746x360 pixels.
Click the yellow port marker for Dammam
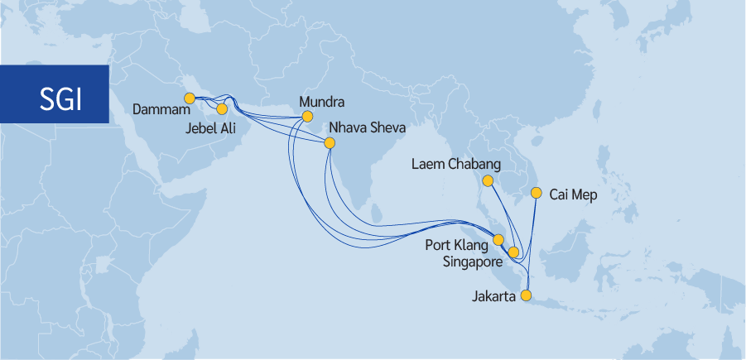(x=190, y=98)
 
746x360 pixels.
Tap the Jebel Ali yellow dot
(x=222, y=108)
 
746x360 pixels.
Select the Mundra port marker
(x=307, y=117)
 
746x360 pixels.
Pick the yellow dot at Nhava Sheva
(x=330, y=143)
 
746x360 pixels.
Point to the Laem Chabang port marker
(x=488, y=180)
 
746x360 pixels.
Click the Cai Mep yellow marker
(x=536, y=194)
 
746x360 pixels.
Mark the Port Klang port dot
(x=498, y=240)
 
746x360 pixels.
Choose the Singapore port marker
(x=513, y=252)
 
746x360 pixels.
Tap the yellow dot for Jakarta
(x=525, y=295)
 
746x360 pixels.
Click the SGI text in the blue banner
(x=61, y=98)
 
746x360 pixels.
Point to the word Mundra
(x=321, y=103)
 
